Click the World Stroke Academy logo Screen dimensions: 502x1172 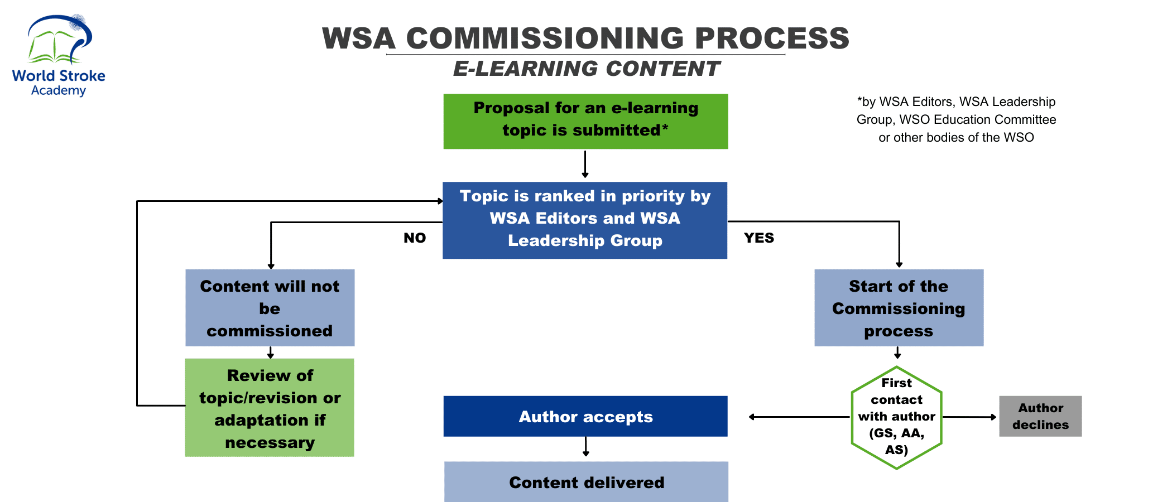pyautogui.click(x=59, y=56)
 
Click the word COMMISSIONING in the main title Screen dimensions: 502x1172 pyautogui.click(x=545, y=38)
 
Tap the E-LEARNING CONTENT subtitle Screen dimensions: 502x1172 pyautogui.click(x=586, y=69)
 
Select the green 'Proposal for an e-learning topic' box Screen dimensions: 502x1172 pyautogui.click(x=585, y=121)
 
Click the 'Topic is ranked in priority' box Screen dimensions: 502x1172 pyautogui.click(x=585, y=220)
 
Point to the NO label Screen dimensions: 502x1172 pyautogui.click(x=415, y=238)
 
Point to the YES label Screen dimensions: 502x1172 pyautogui.click(x=759, y=238)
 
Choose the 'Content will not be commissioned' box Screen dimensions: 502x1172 pyautogui.click(x=270, y=308)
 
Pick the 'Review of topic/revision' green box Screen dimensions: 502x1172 pyautogui.click(x=270, y=408)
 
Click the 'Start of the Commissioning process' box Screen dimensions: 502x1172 pyautogui.click(x=899, y=308)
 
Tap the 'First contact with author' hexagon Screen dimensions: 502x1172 pyautogui.click(x=896, y=417)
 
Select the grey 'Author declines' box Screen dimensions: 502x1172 pyautogui.click(x=1040, y=416)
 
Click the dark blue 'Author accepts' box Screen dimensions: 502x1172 pyautogui.click(x=585, y=416)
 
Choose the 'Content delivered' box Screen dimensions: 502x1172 pyautogui.click(x=586, y=482)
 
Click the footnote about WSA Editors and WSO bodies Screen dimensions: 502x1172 pyautogui.click(x=956, y=119)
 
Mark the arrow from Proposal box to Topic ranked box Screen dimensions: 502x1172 pyautogui.click(x=585, y=165)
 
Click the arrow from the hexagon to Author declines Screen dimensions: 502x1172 pyautogui.click(x=969, y=417)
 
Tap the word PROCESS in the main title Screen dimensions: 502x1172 pyautogui.click(x=772, y=38)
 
